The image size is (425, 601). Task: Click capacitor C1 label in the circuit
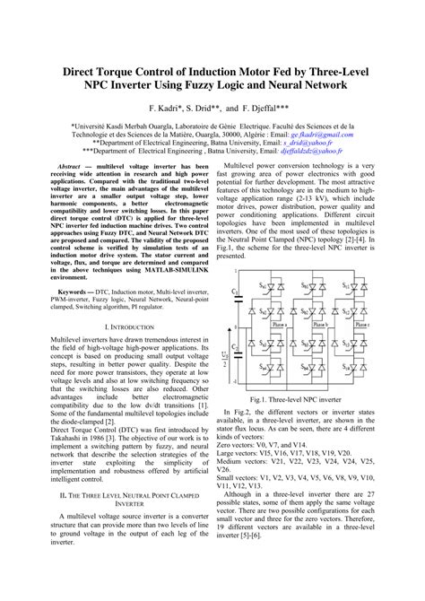(x=236, y=292)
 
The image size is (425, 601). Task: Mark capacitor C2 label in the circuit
(x=236, y=346)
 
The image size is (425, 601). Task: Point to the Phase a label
(x=282, y=326)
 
